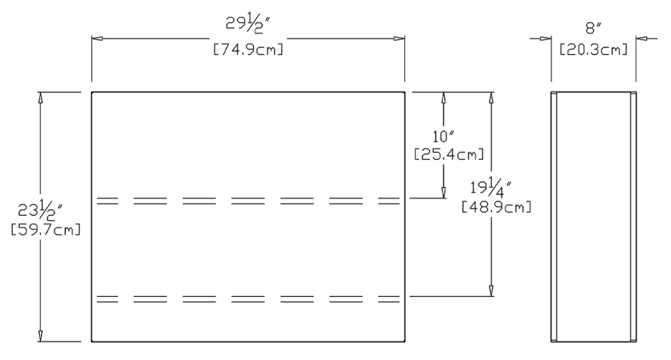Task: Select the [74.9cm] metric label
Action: (x=248, y=50)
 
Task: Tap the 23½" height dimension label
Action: (x=40, y=211)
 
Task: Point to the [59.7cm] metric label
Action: (x=46, y=230)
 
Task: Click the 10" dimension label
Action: (x=443, y=137)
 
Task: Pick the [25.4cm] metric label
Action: (x=449, y=154)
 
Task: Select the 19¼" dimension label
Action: (x=491, y=189)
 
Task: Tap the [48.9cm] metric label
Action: (x=496, y=207)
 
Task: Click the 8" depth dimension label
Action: (x=593, y=29)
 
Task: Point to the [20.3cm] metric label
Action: (x=593, y=50)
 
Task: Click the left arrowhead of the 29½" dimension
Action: (x=97, y=39)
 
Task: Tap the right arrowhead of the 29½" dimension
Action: (x=400, y=39)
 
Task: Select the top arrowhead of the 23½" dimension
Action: (x=40, y=98)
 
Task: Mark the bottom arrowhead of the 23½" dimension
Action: (x=40, y=336)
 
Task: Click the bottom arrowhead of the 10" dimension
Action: (x=443, y=193)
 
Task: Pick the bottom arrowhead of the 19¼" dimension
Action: (x=491, y=291)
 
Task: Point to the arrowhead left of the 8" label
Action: (x=545, y=39)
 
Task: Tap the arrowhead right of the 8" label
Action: (x=641, y=39)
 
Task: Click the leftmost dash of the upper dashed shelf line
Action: (x=107, y=201)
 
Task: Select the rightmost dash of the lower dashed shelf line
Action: (x=389, y=299)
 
